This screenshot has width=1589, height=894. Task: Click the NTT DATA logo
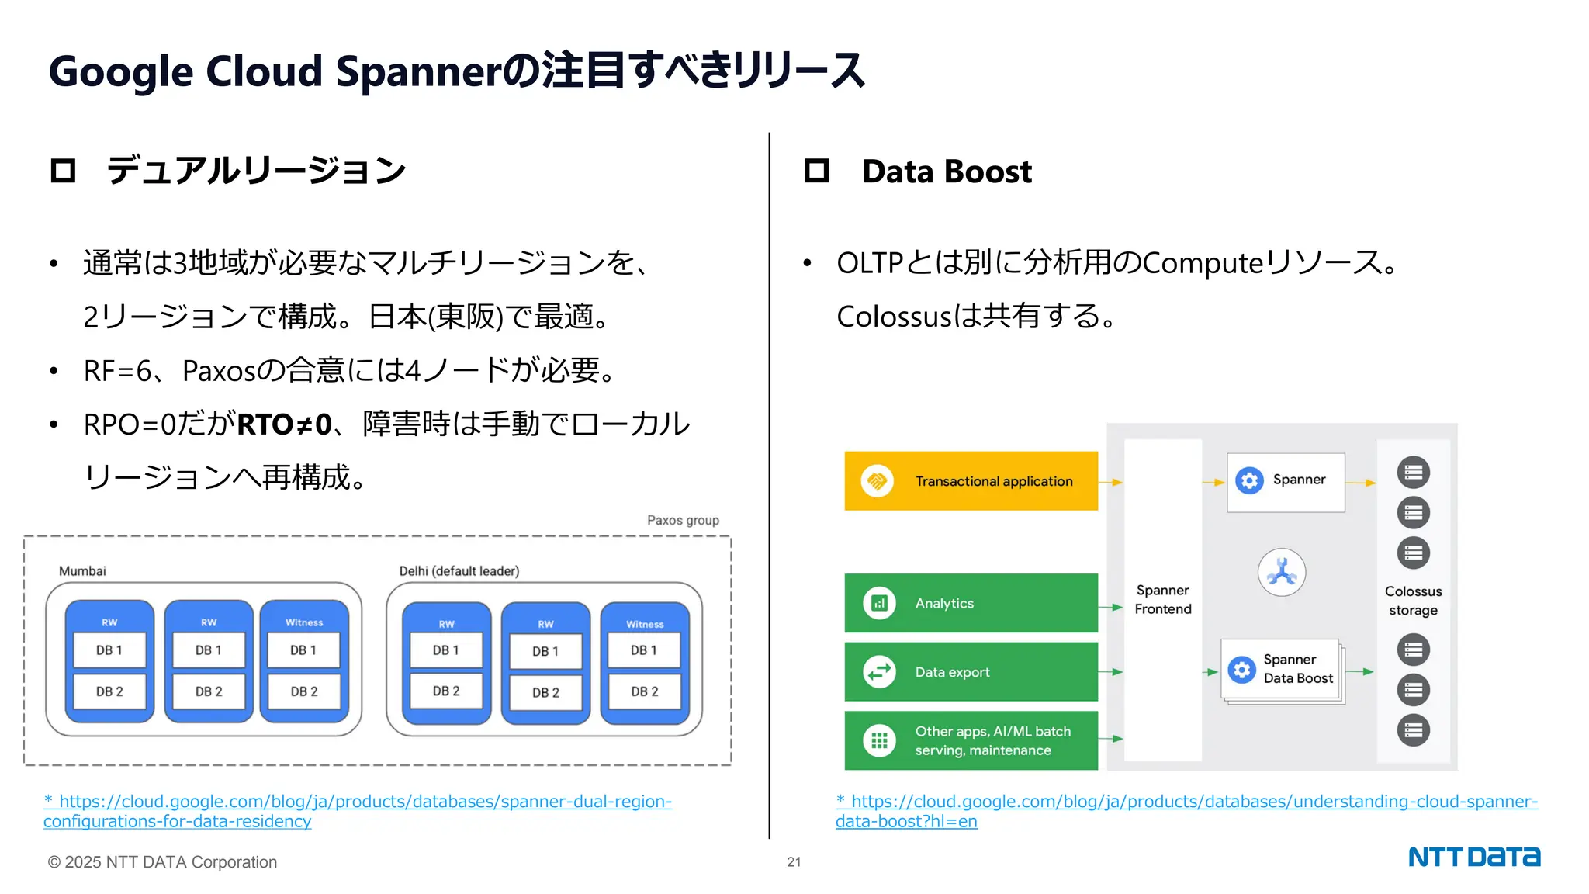[1473, 857]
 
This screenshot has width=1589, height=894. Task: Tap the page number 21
[794, 861]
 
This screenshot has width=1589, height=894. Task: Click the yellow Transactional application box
[971, 481]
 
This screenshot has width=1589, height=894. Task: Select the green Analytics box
[971, 603]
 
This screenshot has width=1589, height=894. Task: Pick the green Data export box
[971, 671]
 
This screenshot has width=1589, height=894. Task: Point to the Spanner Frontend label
[1162, 600]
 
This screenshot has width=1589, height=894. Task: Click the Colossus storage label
[1413, 601]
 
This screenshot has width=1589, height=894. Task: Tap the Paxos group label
[683, 520]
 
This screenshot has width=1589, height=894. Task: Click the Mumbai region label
[82, 571]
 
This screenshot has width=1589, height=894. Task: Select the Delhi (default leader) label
[459, 571]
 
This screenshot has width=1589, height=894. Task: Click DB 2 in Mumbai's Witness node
[304, 691]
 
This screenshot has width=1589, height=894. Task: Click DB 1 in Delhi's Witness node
[644, 650]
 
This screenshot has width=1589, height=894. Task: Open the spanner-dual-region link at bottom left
[357, 802]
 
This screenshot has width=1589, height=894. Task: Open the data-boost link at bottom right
[1187, 802]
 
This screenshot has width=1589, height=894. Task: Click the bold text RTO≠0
[285, 425]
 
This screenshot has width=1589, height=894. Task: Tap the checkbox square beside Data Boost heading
[816, 171]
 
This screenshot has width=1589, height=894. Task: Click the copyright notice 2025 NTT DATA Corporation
[162, 862]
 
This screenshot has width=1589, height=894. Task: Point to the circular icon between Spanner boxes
[1282, 573]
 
